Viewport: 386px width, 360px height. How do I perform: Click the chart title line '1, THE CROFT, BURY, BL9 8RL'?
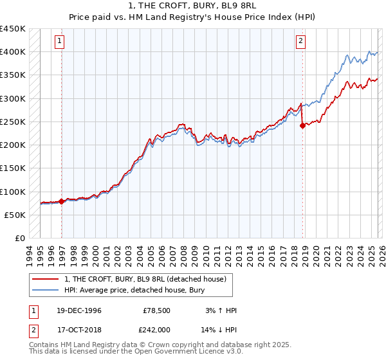point(192,6)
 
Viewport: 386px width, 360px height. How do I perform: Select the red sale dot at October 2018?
point(302,126)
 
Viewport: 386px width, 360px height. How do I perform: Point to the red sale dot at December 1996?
point(62,201)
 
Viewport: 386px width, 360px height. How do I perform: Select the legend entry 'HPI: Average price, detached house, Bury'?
point(134,291)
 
